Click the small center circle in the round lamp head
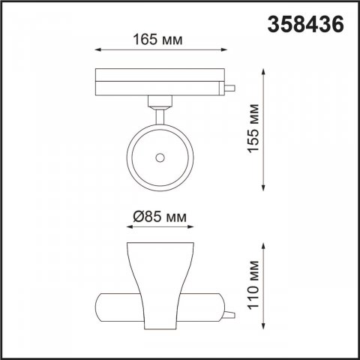click(159, 157)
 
